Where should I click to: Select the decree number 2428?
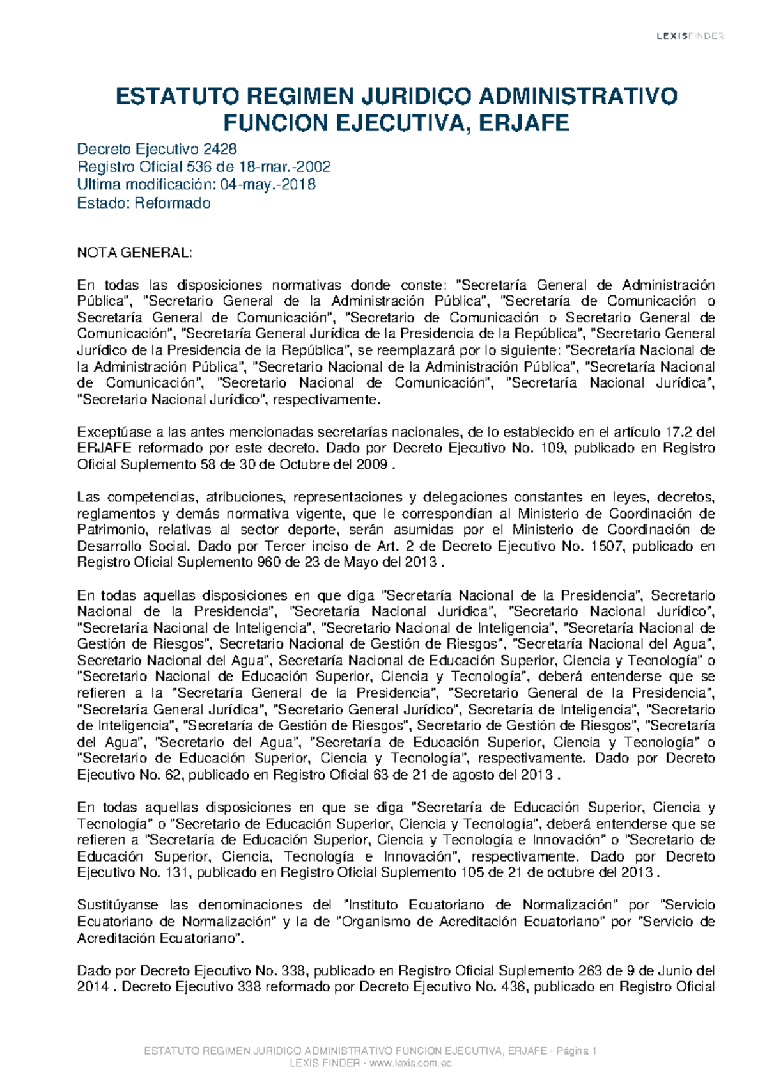pyautogui.click(x=220, y=149)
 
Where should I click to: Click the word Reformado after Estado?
pyautogui.click(x=172, y=203)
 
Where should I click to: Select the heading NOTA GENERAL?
pyautogui.click(x=134, y=253)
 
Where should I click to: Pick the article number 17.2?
pyautogui.click(x=681, y=432)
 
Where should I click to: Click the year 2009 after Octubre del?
pyautogui.click(x=373, y=465)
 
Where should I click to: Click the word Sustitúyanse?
pyautogui.click(x=118, y=905)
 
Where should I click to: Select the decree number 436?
pyautogui.click(x=511, y=987)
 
